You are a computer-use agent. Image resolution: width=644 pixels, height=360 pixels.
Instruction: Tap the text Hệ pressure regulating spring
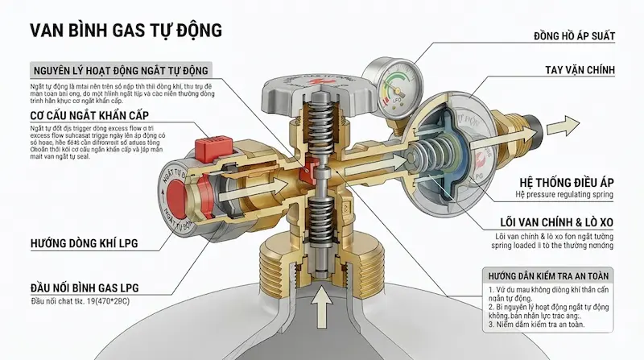pyautogui.click(x=563, y=195)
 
